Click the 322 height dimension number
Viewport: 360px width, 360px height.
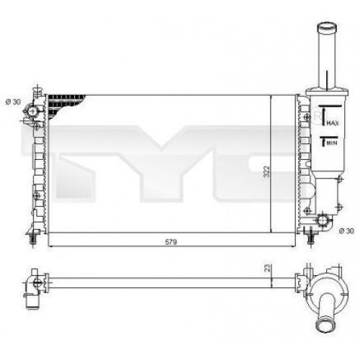coord(266,171)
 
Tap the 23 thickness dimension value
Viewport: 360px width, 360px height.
coord(266,267)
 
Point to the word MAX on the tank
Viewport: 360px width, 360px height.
coord(332,125)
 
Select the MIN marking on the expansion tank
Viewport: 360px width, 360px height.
coord(332,143)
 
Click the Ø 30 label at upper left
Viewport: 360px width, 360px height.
coord(14,100)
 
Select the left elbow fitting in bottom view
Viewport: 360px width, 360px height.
coord(33,284)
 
